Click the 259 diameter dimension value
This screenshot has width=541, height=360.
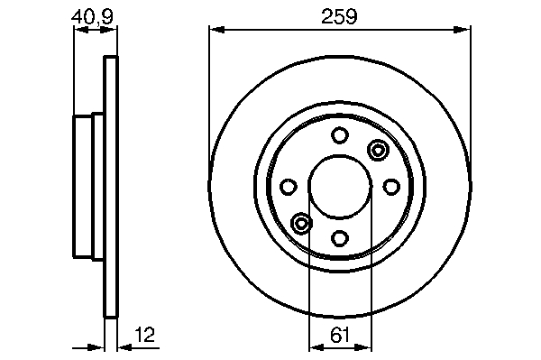pyautogui.click(x=339, y=16)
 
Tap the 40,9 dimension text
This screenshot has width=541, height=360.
pyautogui.click(x=92, y=16)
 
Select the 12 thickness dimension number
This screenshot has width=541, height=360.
pyautogui.click(x=145, y=335)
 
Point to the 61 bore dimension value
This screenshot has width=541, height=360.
pyautogui.click(x=340, y=335)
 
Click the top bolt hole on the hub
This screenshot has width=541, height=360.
pyautogui.click(x=340, y=135)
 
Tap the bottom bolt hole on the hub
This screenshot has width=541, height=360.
pyautogui.click(x=340, y=238)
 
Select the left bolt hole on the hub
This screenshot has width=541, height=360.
pyautogui.click(x=289, y=187)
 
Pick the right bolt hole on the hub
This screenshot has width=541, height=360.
pyautogui.click(x=391, y=187)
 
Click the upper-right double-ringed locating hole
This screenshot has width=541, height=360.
pyautogui.click(x=378, y=150)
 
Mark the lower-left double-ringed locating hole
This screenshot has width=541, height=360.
pyautogui.click(x=301, y=224)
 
